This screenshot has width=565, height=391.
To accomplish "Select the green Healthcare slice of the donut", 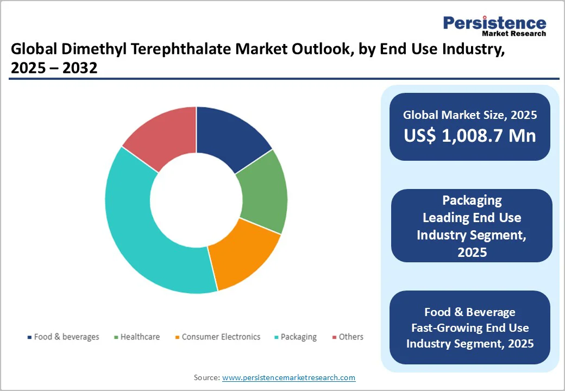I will (x=263, y=192).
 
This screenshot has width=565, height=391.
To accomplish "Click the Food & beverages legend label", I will (x=66, y=337).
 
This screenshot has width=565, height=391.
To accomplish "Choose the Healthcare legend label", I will (x=140, y=337).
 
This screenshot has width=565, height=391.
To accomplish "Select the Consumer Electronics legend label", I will (x=221, y=337).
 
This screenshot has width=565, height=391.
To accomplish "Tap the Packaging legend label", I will (x=298, y=337).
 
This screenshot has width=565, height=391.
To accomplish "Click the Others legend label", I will (x=351, y=337).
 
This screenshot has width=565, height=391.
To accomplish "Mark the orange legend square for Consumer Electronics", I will (x=177, y=337).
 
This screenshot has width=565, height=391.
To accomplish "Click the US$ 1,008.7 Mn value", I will (x=470, y=136).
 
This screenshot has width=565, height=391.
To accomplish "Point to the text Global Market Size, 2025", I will (x=470, y=115).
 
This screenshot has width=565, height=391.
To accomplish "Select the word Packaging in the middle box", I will (x=472, y=200).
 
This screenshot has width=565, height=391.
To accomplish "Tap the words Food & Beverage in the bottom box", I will (x=470, y=312).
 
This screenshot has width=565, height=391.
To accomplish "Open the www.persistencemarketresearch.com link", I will (x=288, y=377).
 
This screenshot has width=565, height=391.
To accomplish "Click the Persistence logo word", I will (x=494, y=23).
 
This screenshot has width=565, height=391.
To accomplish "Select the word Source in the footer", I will (x=206, y=377).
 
